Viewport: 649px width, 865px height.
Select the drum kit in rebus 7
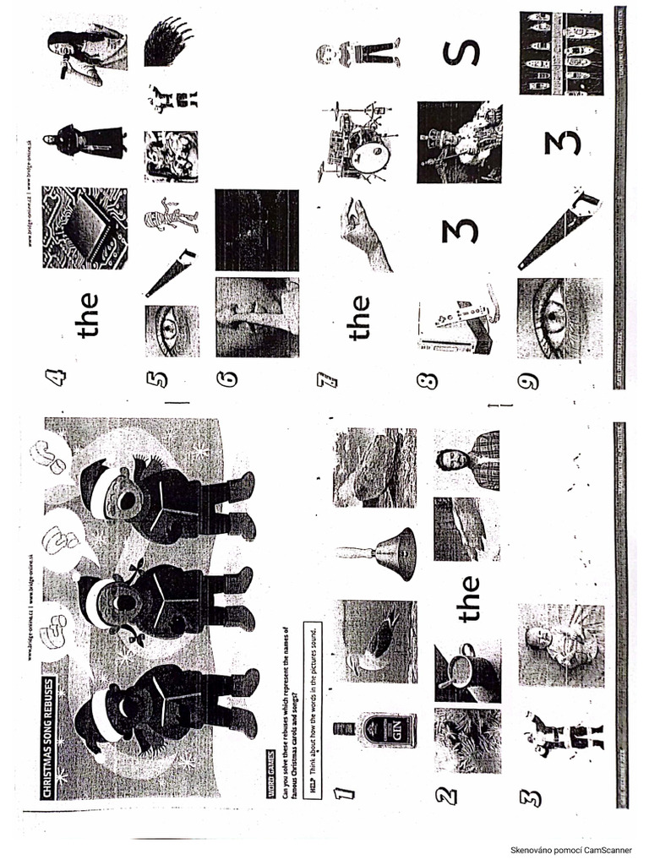click(355, 141)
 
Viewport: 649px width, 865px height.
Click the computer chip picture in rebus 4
click(85, 227)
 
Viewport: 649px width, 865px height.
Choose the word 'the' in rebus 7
click(360, 317)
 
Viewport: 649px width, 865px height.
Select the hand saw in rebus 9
click(558, 228)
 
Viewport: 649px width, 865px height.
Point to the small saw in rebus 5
click(170, 272)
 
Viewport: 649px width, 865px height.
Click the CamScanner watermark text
click(571, 849)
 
